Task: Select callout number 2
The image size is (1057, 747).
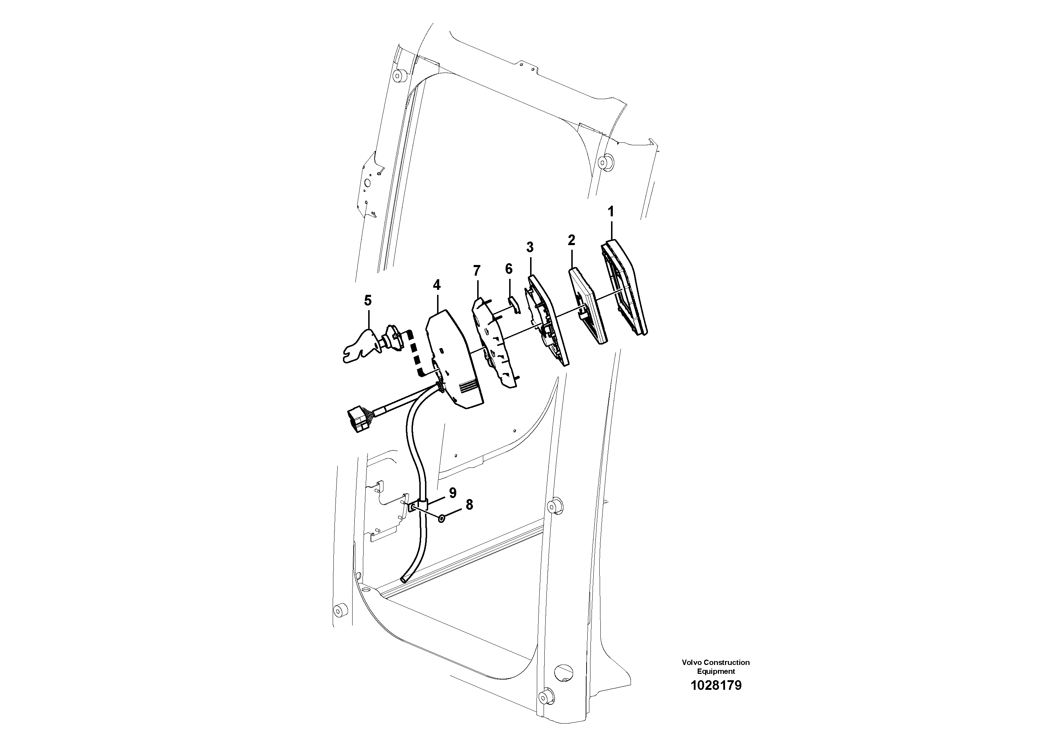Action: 571,240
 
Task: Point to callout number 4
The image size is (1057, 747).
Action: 436,285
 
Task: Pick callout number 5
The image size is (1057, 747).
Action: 367,301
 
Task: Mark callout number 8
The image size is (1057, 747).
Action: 469,505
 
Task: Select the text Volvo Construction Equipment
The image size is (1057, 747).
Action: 716,666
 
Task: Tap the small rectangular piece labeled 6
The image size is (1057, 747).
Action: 513,304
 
